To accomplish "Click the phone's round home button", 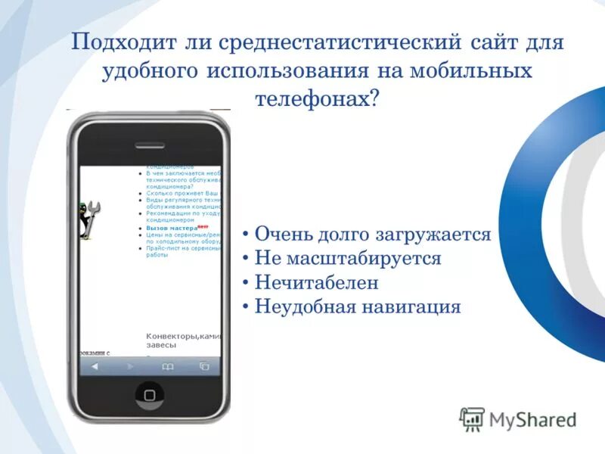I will point(149,394).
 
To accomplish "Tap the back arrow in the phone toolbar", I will point(95,366).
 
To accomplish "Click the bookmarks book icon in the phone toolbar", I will point(167,366).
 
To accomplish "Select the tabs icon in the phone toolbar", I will point(203,366).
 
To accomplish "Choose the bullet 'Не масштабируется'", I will point(348,258).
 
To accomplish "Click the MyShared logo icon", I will point(472,419).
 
